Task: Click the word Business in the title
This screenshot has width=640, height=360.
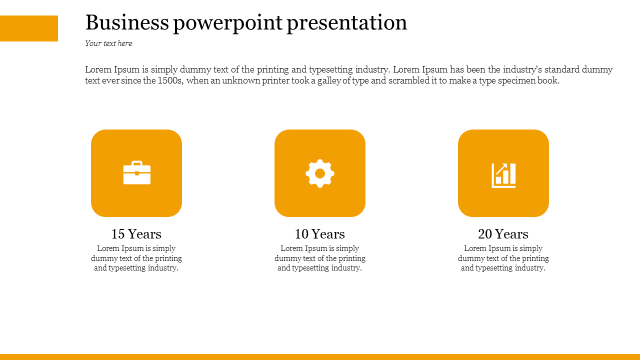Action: point(127,22)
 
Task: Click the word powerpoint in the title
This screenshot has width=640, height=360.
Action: point(228,24)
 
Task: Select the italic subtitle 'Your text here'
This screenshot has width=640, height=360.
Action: point(108,43)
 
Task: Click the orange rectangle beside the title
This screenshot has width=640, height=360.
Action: point(29,28)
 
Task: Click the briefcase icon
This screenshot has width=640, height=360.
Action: point(137,172)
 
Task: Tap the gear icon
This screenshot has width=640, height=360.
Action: point(320,173)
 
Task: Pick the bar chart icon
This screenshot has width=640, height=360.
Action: point(503,175)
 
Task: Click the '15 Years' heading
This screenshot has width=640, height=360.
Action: point(136,233)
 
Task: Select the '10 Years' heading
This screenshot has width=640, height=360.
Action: point(319,233)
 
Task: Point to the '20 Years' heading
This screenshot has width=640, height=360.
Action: point(503,233)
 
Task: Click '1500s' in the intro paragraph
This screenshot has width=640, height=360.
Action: point(170,80)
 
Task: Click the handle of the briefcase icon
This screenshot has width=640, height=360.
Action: point(137,163)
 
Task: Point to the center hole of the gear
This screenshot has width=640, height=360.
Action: point(320,173)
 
